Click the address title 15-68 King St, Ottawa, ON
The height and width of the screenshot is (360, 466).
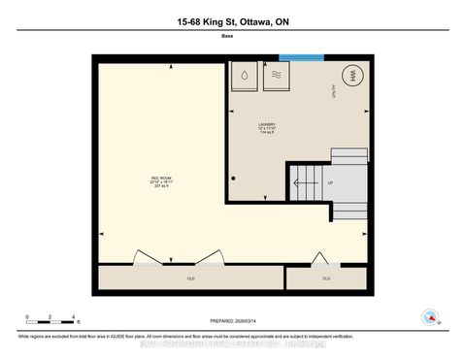(232, 22)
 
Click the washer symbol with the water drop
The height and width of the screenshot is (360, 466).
(244, 76)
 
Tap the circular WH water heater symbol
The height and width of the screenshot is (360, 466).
(349, 77)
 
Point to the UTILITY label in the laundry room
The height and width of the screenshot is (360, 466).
(359, 95)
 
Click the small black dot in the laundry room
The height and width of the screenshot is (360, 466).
(234, 180)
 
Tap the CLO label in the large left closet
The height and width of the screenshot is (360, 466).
(190, 278)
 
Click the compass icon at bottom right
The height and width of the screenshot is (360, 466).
(428, 315)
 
